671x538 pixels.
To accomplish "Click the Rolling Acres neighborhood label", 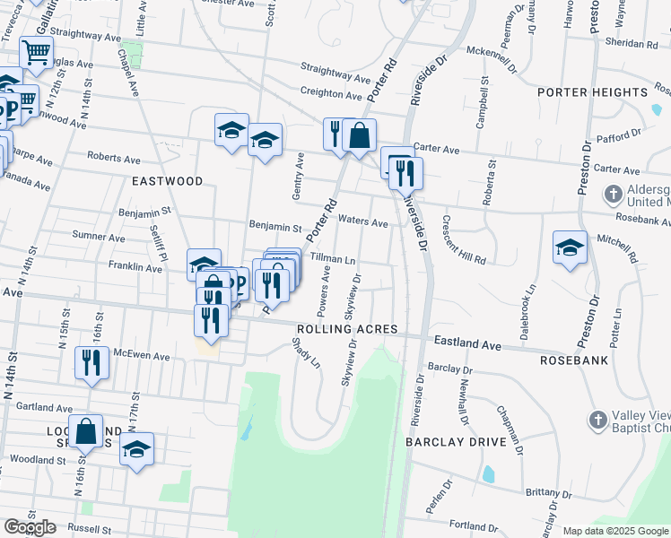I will pyautogui.click(x=346, y=330).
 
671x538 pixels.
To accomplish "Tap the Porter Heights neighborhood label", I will pyautogui.click(x=592, y=92).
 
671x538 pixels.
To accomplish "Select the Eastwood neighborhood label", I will pyautogui.click(x=168, y=181).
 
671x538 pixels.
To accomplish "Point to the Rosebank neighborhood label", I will pyautogui.click(x=574, y=360).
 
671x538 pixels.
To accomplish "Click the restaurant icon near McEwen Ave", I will pyautogui.click(x=91, y=361).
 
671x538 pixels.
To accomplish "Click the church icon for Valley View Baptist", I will pyautogui.click(x=599, y=420).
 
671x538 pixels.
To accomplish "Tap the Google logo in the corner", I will pyautogui.click(x=30, y=527).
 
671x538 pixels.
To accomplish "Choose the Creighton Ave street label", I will pyautogui.click(x=332, y=93).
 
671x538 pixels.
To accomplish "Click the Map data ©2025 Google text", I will pyautogui.click(x=615, y=531).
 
